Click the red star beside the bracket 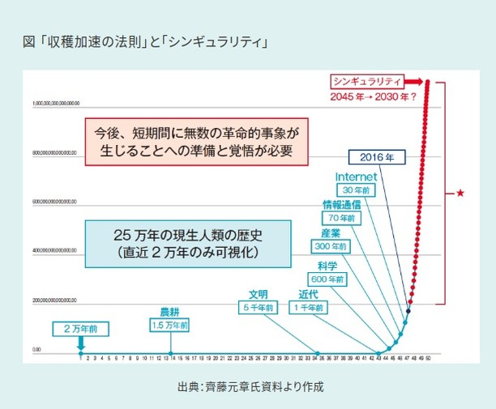point(460,193)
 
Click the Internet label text point(354,177)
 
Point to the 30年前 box point(354,190)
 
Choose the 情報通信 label point(342,204)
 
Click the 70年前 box point(342,217)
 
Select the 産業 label point(330,233)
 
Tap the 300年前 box point(330,245)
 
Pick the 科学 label point(327,266)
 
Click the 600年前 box point(327,279)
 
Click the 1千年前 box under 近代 point(309,308)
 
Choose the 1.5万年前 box point(169,324)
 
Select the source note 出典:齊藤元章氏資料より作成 point(250,386)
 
